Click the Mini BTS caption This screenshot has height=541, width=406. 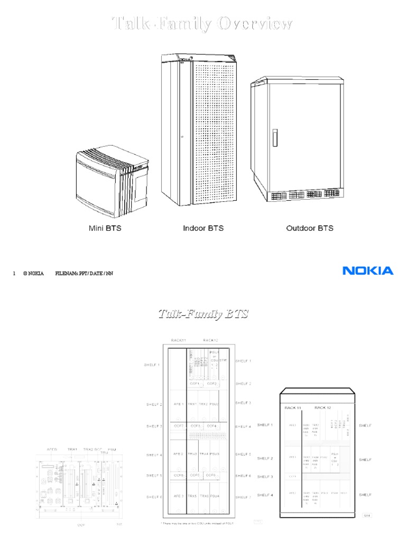(x=104, y=228)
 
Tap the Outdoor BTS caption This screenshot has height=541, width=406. (x=310, y=228)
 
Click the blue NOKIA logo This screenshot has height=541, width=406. (x=368, y=271)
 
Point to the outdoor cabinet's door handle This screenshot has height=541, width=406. (x=274, y=137)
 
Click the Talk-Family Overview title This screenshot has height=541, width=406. (x=203, y=24)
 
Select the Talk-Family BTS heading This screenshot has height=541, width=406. (x=204, y=314)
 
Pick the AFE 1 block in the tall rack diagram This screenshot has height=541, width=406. (x=177, y=404)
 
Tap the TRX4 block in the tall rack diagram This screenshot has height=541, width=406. (x=203, y=454)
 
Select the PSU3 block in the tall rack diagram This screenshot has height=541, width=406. (x=214, y=454)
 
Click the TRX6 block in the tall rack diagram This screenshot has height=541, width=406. (x=203, y=496)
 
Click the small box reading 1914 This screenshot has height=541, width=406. (x=366, y=515)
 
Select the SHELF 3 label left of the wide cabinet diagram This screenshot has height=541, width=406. (x=265, y=477)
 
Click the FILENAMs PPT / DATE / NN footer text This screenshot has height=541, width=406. (x=84, y=274)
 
